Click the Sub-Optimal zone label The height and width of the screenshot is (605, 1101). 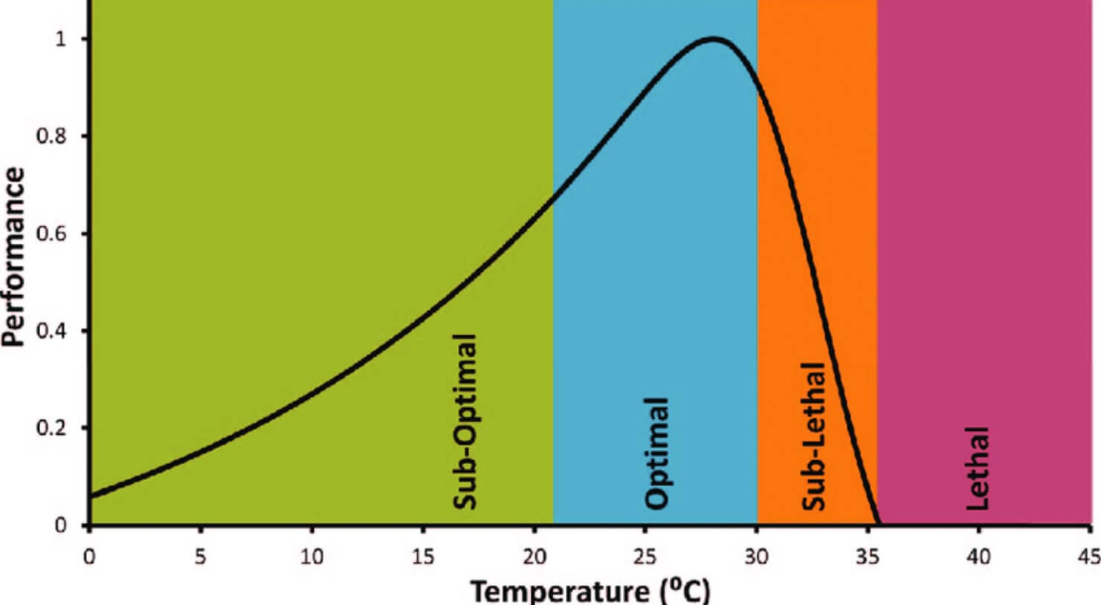point(464,421)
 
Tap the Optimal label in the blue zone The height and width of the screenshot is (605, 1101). point(656,453)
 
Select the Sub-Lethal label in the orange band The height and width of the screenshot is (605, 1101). point(815,436)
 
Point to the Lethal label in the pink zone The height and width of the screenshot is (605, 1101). point(978,467)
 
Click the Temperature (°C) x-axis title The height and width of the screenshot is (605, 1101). point(591,592)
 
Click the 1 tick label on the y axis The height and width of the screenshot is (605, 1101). point(61,39)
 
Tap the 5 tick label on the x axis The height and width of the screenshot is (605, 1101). point(200,556)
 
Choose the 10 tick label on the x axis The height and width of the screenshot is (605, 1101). point(311,556)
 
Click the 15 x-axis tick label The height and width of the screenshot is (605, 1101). point(422,556)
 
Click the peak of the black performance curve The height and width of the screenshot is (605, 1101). point(714,39)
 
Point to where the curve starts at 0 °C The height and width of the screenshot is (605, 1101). point(91,496)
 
